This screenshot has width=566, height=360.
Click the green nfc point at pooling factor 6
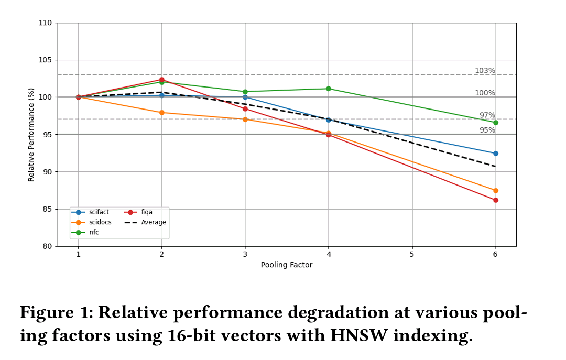(x=495, y=123)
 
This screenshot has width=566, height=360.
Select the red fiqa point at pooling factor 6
(x=495, y=200)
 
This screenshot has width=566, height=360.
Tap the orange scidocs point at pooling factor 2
(x=161, y=113)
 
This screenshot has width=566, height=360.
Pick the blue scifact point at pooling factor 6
(x=495, y=154)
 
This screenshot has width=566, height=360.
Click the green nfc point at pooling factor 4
(x=329, y=89)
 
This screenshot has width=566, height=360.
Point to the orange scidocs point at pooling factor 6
(x=495, y=191)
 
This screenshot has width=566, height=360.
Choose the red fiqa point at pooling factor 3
(x=245, y=109)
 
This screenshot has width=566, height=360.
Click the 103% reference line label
(x=485, y=71)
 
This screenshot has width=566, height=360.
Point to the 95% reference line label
(x=487, y=130)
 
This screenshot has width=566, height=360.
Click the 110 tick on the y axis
(x=45, y=23)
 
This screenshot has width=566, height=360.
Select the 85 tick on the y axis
(x=47, y=209)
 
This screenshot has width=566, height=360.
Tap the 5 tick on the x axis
(x=412, y=254)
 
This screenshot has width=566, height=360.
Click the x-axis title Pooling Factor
(x=287, y=265)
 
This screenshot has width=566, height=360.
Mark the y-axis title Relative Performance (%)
(x=31, y=135)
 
